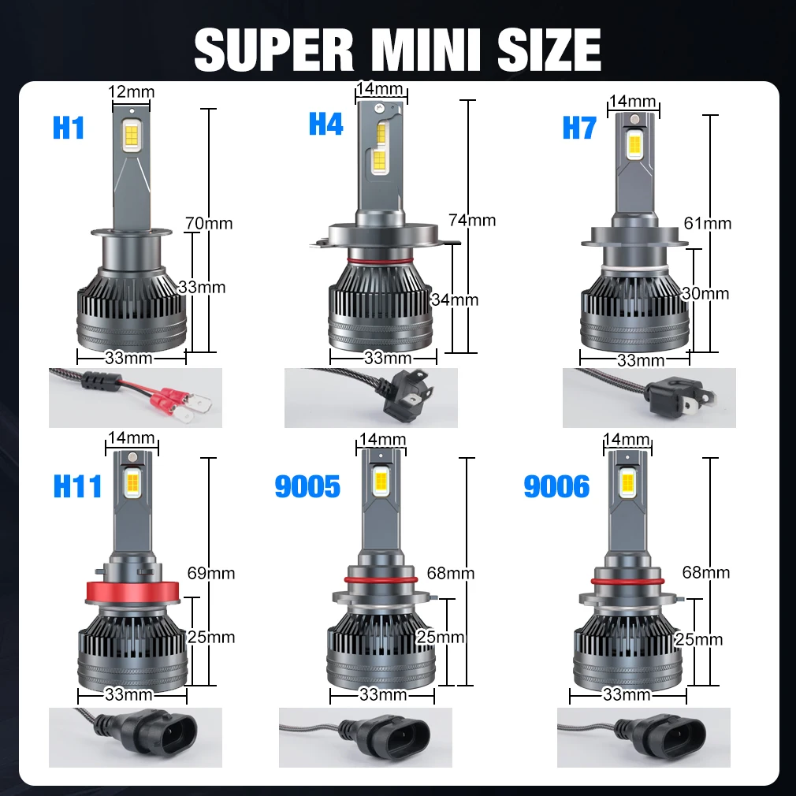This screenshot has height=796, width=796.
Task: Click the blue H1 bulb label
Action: [x=69, y=128]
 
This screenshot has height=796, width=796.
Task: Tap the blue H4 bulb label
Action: [x=326, y=124]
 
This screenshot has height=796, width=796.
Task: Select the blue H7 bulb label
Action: [x=579, y=128]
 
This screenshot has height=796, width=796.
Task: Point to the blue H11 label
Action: [x=78, y=485]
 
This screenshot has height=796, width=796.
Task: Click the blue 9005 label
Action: [x=307, y=486]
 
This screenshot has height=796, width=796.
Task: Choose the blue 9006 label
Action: [x=557, y=486]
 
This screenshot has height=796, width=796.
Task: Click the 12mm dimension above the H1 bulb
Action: [x=132, y=92]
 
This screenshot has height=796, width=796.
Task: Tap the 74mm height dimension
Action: [x=472, y=221]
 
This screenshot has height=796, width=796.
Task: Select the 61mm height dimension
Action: [x=708, y=223]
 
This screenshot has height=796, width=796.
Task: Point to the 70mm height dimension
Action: [x=209, y=223]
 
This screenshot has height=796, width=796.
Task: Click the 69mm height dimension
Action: [x=211, y=573]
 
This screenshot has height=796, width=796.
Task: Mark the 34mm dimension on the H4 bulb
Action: [x=454, y=299]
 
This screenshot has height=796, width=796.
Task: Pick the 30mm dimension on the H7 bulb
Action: [x=705, y=293]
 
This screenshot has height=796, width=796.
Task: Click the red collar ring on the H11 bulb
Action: [x=132, y=590]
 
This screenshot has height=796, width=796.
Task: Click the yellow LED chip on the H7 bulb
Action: [x=634, y=145]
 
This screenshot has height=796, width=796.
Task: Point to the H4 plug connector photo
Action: [x=371, y=397]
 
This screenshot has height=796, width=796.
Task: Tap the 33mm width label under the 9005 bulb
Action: [x=383, y=694]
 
